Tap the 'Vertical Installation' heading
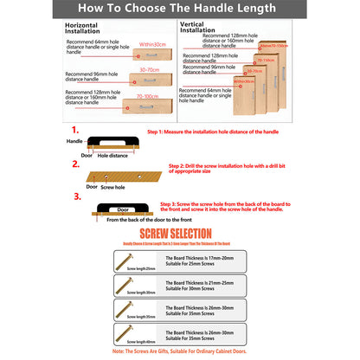click(196, 27)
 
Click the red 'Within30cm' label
click(152, 43)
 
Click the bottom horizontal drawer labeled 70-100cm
click(151, 108)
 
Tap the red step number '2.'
click(76, 164)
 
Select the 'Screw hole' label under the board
click(113, 187)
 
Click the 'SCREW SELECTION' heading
click(180, 234)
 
